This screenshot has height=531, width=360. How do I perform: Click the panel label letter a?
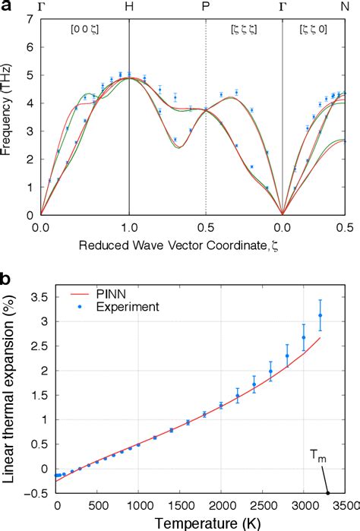[7, 8]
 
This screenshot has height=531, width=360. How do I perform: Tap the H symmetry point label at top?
[129, 7]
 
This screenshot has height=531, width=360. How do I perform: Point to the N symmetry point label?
[346, 7]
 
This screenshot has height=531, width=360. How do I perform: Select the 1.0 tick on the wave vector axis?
[129, 227]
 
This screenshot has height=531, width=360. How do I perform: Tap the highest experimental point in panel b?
[320, 315]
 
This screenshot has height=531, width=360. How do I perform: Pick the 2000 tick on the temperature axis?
[221, 505]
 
